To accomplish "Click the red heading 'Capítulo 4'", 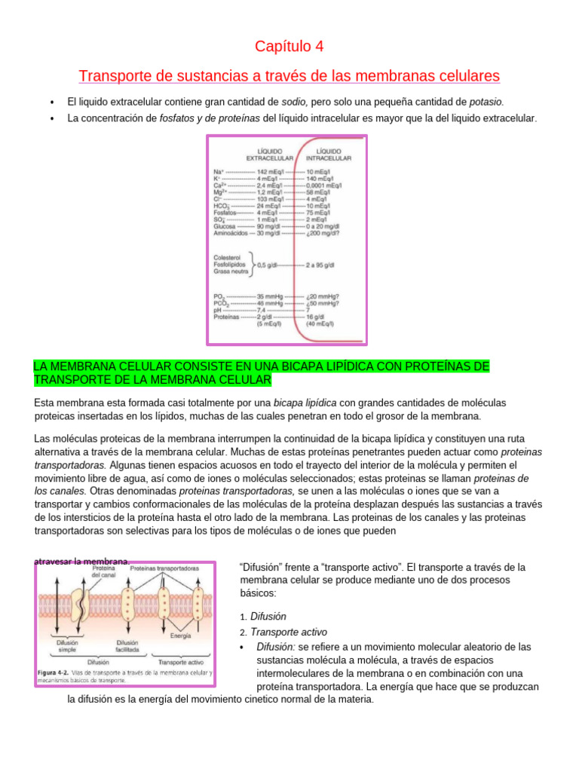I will coord(289,47).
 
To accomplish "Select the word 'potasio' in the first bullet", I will coord(486,101).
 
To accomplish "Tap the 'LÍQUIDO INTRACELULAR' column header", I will coord(328,155).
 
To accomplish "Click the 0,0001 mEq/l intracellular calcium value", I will coord(326,185).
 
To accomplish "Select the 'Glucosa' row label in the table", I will coord(225,225).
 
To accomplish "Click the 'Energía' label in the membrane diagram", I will coord(180,636).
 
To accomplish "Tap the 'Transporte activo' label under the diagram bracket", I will coord(176,662).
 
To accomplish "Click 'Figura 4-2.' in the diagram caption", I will coord(55,672).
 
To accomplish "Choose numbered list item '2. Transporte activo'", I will coord(283,632).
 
